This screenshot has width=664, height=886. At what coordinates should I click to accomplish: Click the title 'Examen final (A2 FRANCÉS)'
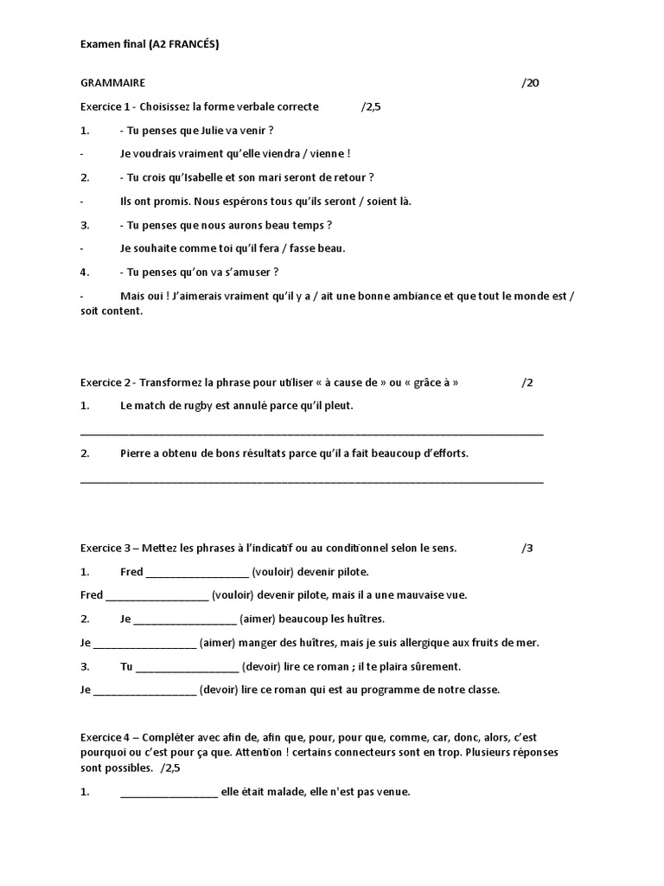point(150,44)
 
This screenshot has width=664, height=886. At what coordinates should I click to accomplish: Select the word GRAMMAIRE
point(112,83)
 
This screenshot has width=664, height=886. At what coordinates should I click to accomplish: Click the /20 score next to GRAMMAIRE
point(530,83)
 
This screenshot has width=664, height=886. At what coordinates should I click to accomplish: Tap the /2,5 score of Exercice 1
point(370,106)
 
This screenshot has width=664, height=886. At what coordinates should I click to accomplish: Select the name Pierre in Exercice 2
point(136,453)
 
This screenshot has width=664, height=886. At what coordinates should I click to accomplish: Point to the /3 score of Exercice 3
point(527,548)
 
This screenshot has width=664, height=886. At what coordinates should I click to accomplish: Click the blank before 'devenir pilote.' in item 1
point(197,573)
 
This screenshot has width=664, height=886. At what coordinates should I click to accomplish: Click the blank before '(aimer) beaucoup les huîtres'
point(185,620)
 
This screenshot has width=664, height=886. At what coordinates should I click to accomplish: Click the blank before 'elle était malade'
point(169,792)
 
